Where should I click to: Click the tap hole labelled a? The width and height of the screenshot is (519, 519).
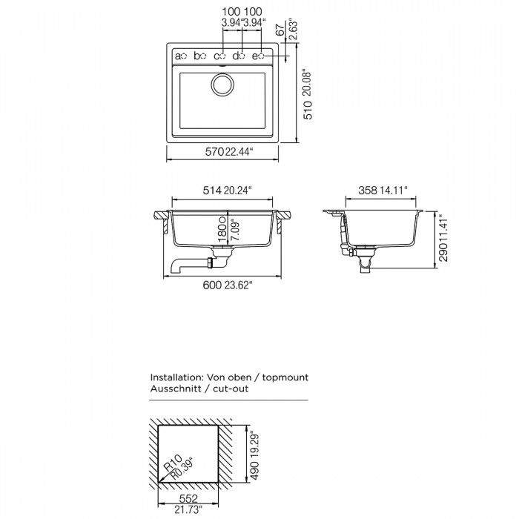185,56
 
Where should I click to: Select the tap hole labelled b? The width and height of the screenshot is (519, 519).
203,56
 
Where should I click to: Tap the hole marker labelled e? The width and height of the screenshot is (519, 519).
261,56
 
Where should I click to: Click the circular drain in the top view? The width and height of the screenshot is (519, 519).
222,85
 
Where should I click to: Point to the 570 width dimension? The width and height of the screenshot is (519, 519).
215,151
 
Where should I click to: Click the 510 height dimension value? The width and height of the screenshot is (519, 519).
308,110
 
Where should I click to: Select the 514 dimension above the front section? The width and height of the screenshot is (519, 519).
212,191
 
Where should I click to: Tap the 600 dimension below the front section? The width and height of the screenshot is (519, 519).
212,285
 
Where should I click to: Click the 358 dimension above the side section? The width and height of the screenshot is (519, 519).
368,191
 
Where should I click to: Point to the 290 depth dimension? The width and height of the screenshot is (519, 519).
443,252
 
